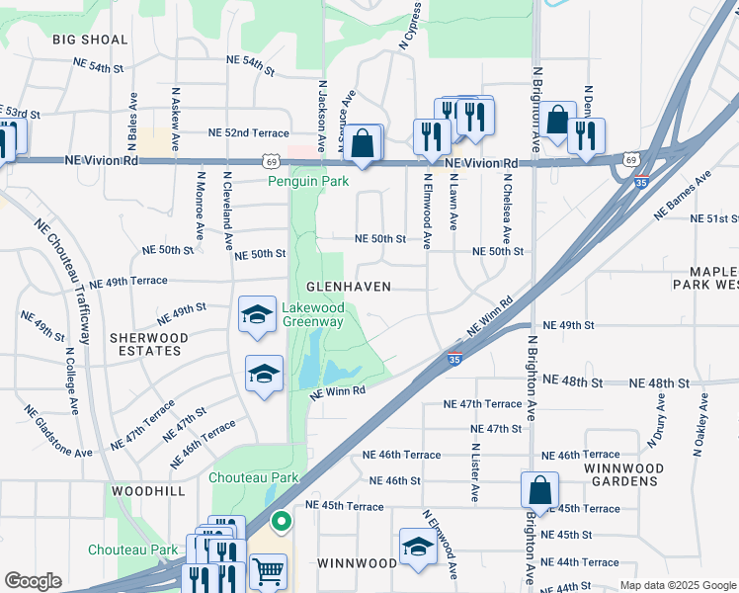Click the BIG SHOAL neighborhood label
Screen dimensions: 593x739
[x=91, y=40]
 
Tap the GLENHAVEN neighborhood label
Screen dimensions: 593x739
[x=349, y=286]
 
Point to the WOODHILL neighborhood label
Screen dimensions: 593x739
[x=148, y=491]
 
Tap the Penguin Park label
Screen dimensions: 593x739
[x=308, y=182]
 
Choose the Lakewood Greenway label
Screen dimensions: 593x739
[x=313, y=314]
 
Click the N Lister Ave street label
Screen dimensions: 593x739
[x=474, y=465]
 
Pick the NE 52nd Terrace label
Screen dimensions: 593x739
[x=248, y=132]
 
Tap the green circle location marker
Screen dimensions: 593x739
[x=282, y=522]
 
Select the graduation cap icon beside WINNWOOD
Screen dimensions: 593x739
[x=418, y=547]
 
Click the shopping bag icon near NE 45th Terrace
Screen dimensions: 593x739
[x=540, y=488]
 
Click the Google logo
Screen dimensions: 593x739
[x=33, y=582]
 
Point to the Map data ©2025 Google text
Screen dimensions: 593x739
[x=677, y=585]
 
